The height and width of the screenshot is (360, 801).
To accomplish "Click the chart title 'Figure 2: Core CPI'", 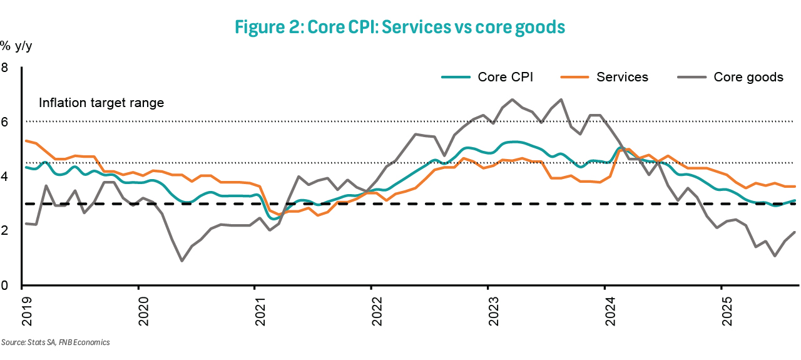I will click(400, 27).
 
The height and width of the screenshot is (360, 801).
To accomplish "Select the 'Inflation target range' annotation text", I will click(101, 103).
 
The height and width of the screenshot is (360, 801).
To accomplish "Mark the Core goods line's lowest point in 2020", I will click(181, 260).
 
